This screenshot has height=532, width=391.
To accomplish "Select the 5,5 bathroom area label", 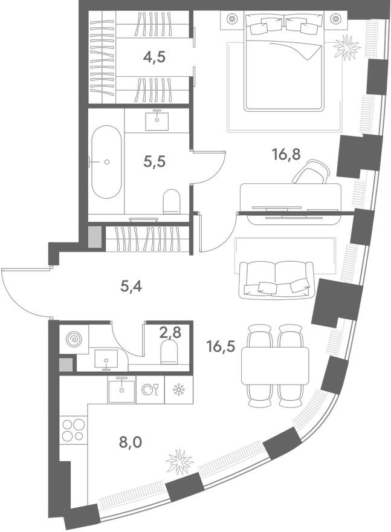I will [x=155, y=161].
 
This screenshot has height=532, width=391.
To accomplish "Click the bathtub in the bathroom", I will [x=106, y=161].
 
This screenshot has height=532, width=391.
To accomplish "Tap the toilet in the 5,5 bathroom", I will [x=172, y=201].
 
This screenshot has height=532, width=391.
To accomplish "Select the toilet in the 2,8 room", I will [x=169, y=351].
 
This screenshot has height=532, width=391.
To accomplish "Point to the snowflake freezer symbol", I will [x=178, y=390].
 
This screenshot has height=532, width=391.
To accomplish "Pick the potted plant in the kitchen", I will [x=179, y=463].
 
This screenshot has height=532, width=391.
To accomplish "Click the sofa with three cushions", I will [x=276, y=280].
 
